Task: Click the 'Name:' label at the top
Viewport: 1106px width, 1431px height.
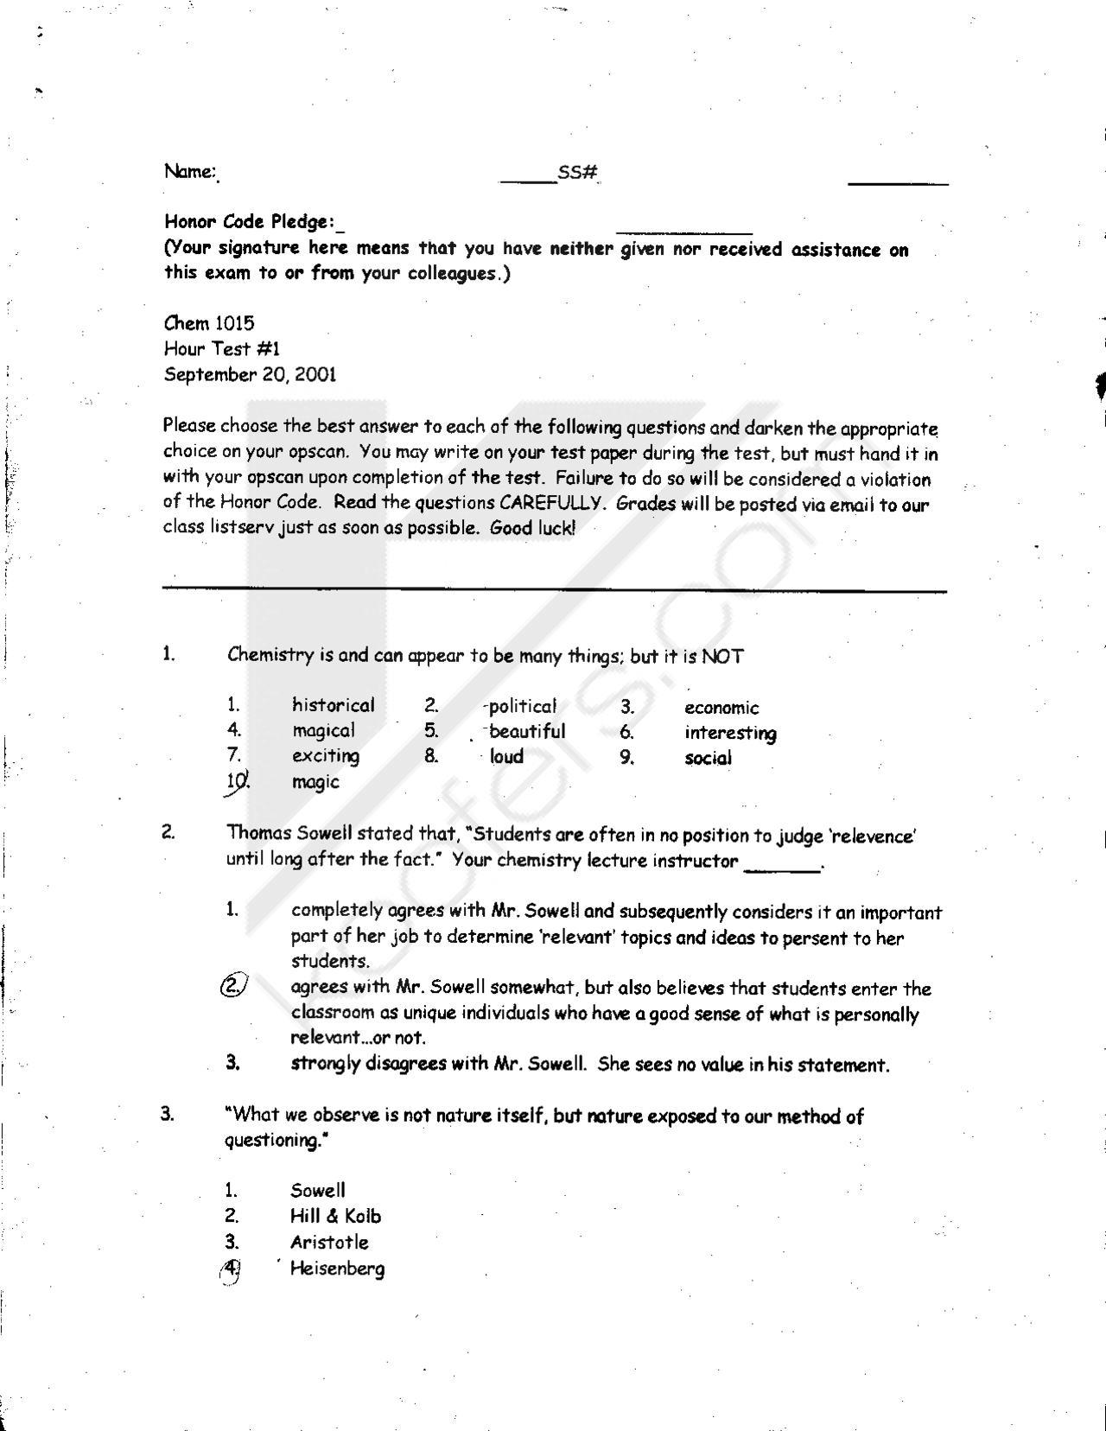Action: pos(189,171)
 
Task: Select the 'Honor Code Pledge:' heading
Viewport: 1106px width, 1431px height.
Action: pos(250,222)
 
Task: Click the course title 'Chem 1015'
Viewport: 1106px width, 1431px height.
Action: pos(209,324)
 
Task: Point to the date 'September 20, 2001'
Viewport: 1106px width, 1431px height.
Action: pos(250,375)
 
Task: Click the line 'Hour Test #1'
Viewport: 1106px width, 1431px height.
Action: pos(222,349)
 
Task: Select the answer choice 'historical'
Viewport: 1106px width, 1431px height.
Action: pos(333,705)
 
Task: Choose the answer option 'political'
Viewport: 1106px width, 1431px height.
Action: pos(522,707)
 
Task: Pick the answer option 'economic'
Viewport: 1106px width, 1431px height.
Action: pos(721,709)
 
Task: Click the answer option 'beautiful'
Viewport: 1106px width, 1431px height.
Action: pos(527,732)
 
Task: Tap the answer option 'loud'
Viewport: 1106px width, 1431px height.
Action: pos(506,757)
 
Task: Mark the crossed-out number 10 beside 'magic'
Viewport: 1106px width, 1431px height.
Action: pos(237,782)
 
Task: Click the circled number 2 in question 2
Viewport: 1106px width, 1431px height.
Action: pos(233,986)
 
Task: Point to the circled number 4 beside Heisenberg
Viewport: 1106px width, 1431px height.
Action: pos(231,1269)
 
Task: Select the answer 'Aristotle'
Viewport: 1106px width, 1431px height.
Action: pos(329,1243)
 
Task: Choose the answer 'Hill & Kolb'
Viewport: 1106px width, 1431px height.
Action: pos(335,1217)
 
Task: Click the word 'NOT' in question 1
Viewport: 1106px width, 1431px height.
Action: pos(721,657)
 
